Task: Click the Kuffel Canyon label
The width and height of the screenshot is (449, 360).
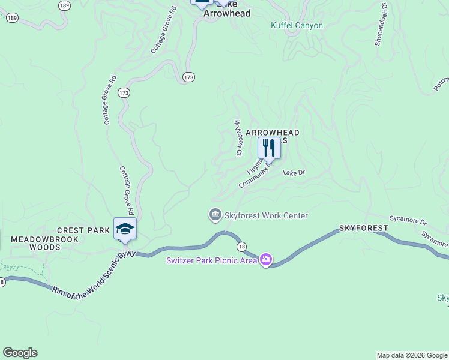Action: (x=297, y=26)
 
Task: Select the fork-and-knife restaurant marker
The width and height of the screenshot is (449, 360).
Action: (x=269, y=148)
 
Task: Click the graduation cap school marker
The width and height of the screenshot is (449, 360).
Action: (x=125, y=229)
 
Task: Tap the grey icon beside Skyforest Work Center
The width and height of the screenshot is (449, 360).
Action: (x=215, y=215)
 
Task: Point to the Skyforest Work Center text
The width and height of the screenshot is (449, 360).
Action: (x=266, y=215)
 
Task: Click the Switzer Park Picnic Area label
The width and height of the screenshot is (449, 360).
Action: (x=212, y=260)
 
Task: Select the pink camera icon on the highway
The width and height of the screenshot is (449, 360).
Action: (x=266, y=260)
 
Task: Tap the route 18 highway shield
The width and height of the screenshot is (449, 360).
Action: (x=241, y=247)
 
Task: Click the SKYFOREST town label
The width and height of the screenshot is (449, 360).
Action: (x=363, y=229)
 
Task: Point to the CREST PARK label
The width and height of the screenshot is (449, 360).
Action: (x=83, y=230)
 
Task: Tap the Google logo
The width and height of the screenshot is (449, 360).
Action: (x=20, y=353)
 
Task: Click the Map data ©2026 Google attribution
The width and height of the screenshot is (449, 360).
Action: (x=412, y=355)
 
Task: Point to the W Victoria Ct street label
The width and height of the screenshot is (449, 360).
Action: (x=237, y=138)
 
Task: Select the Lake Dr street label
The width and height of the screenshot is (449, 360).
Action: (x=294, y=173)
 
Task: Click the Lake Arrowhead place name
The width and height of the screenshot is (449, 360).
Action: (x=226, y=12)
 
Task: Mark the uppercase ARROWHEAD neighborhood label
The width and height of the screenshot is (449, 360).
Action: (x=272, y=132)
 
